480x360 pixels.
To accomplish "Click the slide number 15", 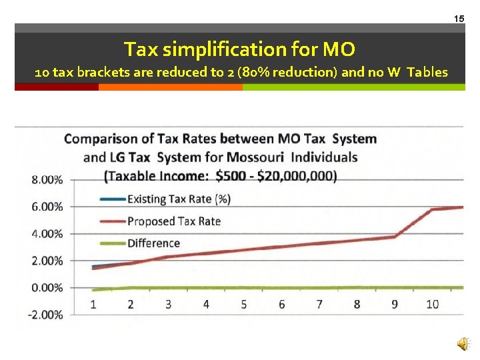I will (x=459, y=19).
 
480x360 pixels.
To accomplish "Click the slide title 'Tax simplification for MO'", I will (x=240, y=49).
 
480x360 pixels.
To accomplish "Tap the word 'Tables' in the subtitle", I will (x=427, y=72).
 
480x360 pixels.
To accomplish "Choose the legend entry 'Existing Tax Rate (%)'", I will (x=179, y=199).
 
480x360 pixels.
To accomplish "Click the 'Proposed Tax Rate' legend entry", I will (x=173, y=221).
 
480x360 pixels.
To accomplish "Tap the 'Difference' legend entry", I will (x=153, y=243).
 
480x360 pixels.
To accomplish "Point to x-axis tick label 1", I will (x=93, y=304).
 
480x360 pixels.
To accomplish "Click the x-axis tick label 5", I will (x=244, y=304).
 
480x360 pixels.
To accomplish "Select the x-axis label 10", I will (x=432, y=304).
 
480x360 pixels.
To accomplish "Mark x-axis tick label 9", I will (x=395, y=304).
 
